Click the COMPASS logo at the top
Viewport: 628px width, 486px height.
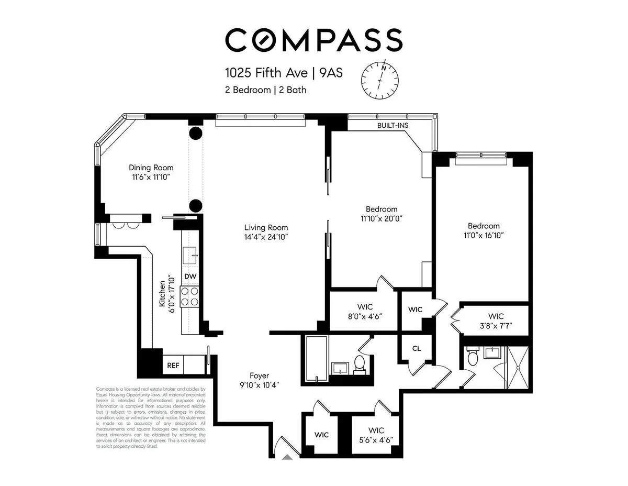pos(314,40)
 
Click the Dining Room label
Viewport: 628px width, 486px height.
pos(151,168)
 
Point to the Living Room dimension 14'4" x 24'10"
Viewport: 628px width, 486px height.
pos(266,237)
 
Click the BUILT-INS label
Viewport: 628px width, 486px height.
pos(392,126)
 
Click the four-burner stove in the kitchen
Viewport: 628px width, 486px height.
pos(189,296)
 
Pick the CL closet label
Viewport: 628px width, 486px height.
pos(416,348)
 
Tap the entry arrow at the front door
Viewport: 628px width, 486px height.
pos(287,457)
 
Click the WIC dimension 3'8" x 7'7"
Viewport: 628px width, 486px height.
pos(496,326)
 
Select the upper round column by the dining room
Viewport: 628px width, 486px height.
pos(195,133)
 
